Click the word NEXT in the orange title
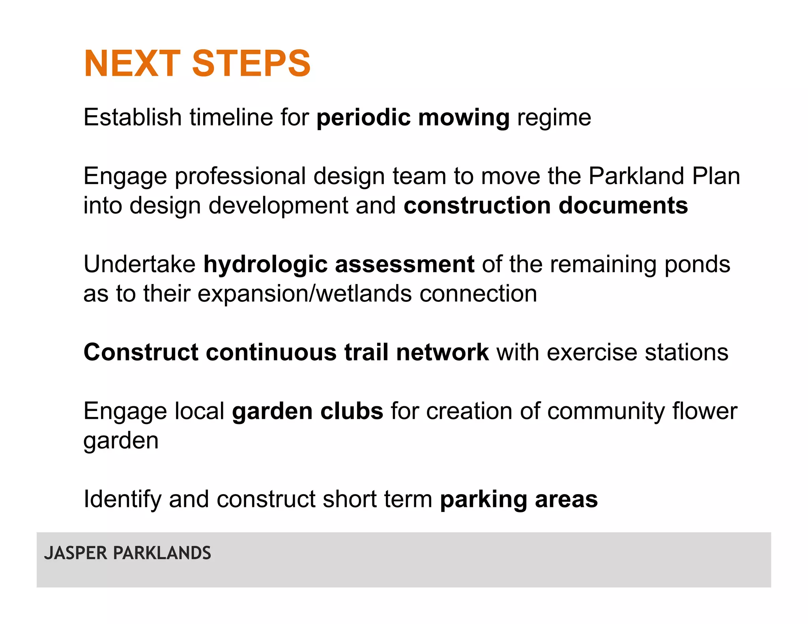pyautogui.click(x=132, y=64)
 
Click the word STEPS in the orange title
pyautogui.click(x=251, y=64)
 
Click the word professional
pyautogui.click(x=240, y=176)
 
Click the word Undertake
pyautogui.click(x=139, y=264)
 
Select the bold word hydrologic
pyautogui.click(x=265, y=265)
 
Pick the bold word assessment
pyautogui.click(x=404, y=264)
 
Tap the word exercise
pyautogui.click(x=592, y=352)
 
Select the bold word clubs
pyautogui.click(x=352, y=411)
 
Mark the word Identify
pyautogui.click(x=122, y=499)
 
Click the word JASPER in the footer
pyautogui.click(x=76, y=553)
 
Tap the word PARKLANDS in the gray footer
pyautogui.click(x=162, y=553)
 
